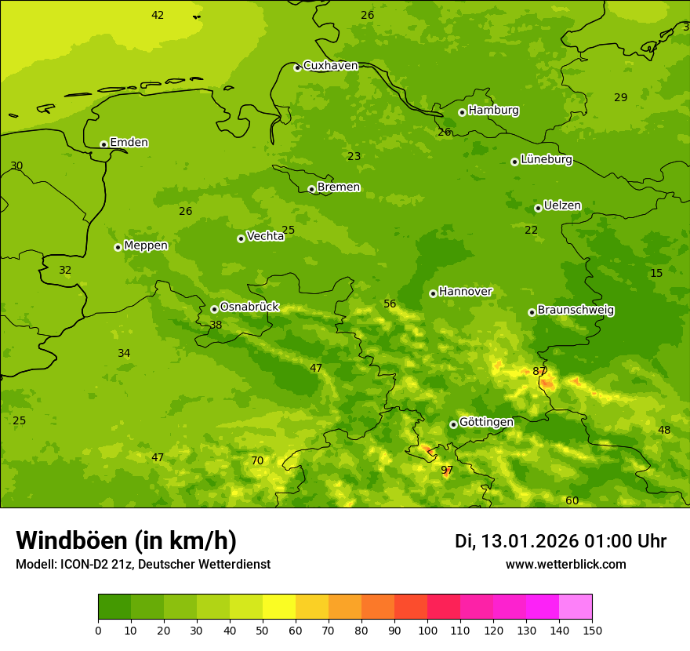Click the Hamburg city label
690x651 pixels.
point(493,111)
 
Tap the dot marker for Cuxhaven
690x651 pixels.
point(297,67)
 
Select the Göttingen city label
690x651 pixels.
point(486,422)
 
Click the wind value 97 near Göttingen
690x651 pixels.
point(447,470)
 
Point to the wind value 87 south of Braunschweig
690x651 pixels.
point(539,371)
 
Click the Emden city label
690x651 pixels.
point(129,143)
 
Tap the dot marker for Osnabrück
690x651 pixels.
point(214,309)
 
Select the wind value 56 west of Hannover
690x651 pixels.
point(390,304)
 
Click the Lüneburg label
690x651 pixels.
point(546,159)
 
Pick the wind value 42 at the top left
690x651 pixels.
point(158,15)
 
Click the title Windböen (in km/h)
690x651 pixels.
point(126,540)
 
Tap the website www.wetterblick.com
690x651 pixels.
point(565,564)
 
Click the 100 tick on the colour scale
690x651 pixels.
point(427,630)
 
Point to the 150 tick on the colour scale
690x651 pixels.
point(591,630)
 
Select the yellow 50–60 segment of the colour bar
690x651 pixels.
point(279,607)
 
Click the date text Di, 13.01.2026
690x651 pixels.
point(516,541)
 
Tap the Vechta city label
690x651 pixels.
point(265,236)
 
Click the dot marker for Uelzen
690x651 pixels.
point(538,208)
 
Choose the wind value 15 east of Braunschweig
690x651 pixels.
point(656,273)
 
